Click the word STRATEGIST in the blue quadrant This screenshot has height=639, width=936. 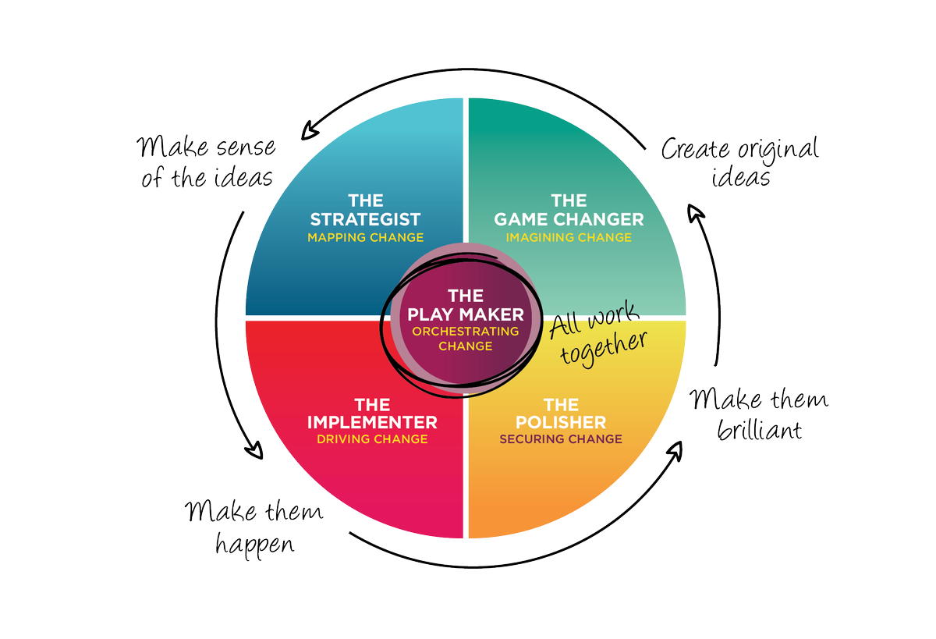[x=365, y=219]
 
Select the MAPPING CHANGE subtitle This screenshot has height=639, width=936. [x=365, y=237]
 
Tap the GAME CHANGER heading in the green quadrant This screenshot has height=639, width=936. [x=569, y=219]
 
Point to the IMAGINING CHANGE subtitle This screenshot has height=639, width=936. [x=569, y=237]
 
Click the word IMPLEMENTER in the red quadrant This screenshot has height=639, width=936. [x=372, y=422]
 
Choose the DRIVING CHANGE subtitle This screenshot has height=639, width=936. [x=372, y=439]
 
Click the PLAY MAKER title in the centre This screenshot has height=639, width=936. [x=466, y=314]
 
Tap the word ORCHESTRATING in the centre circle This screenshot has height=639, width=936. [x=466, y=332]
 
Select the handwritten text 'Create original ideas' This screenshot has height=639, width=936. [x=739, y=162]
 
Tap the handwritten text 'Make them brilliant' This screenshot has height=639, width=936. [x=759, y=414]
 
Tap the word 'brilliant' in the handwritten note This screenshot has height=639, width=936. [x=759, y=428]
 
